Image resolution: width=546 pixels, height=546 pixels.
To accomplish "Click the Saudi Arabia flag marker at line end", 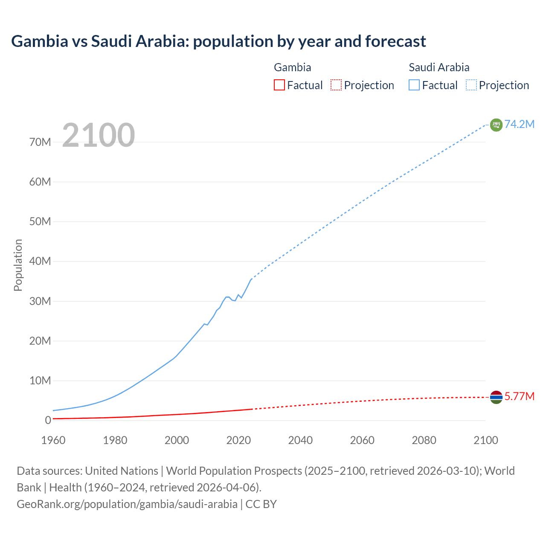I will tap(496, 125).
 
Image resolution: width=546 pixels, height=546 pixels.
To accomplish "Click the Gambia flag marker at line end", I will tap(496, 397).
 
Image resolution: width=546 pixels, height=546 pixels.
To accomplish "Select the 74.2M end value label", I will tap(519, 124).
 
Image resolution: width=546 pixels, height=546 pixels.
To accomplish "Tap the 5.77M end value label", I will tap(519, 397).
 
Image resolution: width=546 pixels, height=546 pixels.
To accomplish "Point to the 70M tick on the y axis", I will tap(40, 142).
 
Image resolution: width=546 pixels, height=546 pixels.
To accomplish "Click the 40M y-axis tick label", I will tap(40, 261).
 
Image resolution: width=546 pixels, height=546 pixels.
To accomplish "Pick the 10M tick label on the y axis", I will tap(40, 380).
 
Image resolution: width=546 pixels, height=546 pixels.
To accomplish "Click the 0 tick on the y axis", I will tap(48, 420).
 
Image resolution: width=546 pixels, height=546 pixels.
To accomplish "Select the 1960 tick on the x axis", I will tap(53, 440).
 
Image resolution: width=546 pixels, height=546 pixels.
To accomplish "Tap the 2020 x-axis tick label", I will tap(238, 440).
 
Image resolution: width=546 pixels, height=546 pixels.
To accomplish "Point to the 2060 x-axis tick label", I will tap(362, 440).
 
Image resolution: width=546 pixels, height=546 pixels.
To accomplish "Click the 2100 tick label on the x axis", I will tap(485, 440).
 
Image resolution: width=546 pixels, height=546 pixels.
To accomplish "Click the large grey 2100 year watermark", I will tap(99, 135).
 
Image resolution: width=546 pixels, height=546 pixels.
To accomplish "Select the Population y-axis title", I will tap(18, 265).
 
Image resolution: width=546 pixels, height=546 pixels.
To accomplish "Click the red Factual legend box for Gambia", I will tap(279, 85).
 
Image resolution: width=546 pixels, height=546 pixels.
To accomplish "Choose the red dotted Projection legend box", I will tap(336, 85).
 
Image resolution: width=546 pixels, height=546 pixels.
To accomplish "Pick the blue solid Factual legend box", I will tap(414, 85).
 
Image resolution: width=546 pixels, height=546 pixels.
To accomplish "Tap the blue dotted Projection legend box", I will tap(471, 85).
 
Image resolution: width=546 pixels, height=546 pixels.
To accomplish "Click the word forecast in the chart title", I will tap(395, 41).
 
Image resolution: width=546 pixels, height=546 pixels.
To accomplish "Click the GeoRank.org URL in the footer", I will tap(127, 504).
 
